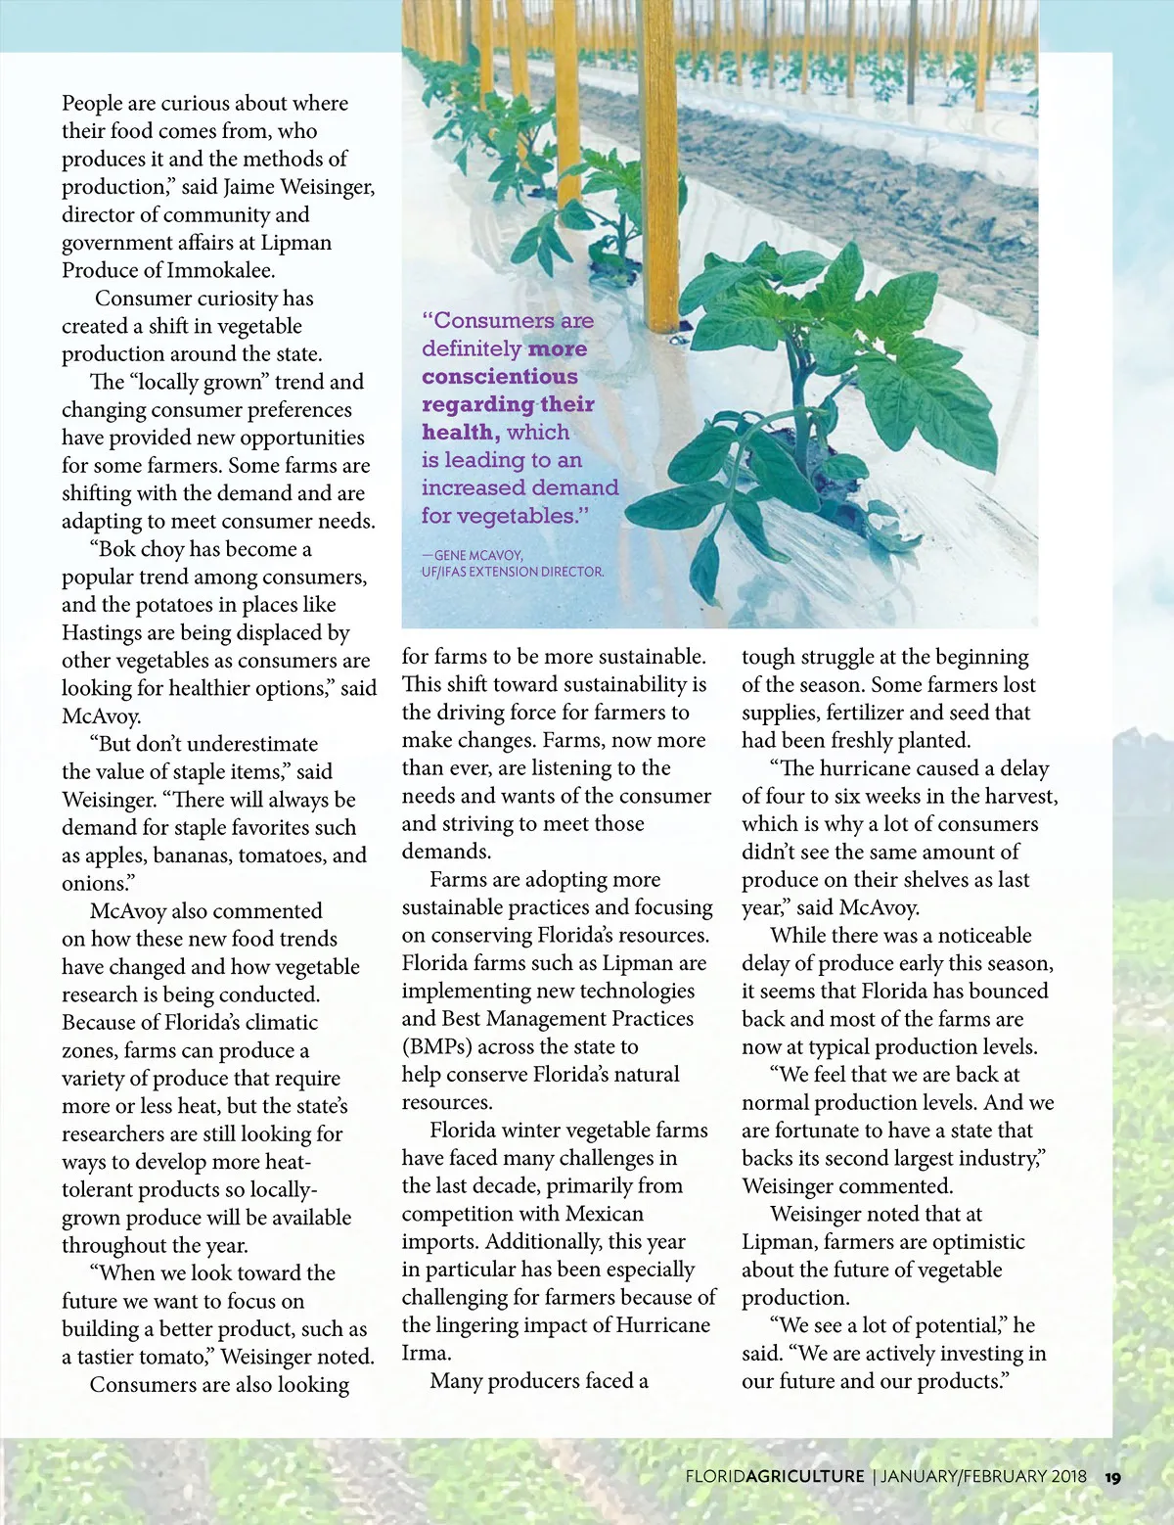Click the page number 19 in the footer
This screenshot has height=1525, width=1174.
[x=1112, y=1477]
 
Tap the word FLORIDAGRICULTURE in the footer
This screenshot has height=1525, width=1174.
[x=775, y=1477]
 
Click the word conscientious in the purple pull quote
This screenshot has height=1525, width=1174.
[x=499, y=377]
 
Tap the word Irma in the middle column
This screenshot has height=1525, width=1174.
[x=424, y=1354]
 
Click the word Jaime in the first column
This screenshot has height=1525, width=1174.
[x=248, y=186]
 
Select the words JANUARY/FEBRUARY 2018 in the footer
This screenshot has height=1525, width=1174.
[x=983, y=1477]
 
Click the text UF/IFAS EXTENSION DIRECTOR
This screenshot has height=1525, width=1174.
[x=513, y=572]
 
